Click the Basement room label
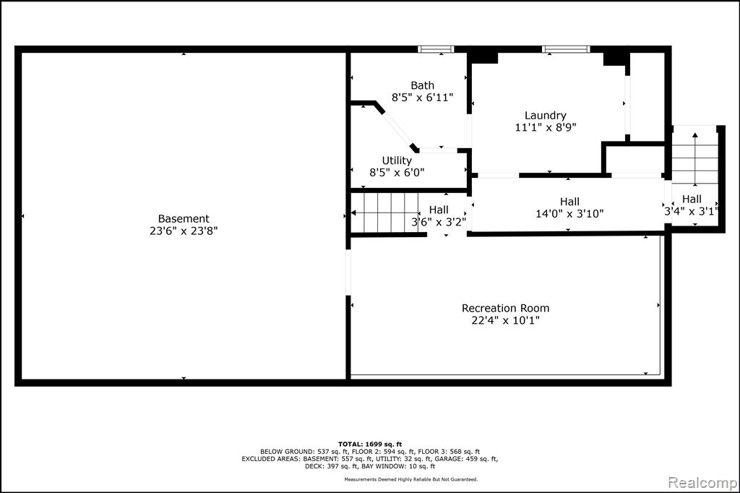click(x=184, y=218)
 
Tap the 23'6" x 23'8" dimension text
click(x=184, y=231)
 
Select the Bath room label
click(x=422, y=85)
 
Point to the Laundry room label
click(x=546, y=116)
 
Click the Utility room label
click(x=397, y=160)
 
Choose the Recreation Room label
click(x=505, y=309)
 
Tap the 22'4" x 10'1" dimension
click(x=505, y=321)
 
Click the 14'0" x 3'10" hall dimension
click(x=569, y=214)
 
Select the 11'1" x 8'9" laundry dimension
click(x=546, y=127)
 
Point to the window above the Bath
click(x=436, y=48)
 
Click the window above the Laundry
click(x=567, y=48)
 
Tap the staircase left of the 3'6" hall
click(x=385, y=213)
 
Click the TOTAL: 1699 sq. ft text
click(x=370, y=444)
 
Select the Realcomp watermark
click(x=702, y=483)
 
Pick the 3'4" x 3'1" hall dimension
click(x=692, y=212)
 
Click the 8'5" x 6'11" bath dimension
click(x=422, y=98)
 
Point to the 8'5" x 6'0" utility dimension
click(x=397, y=173)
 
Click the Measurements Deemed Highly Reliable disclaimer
click(x=410, y=479)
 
